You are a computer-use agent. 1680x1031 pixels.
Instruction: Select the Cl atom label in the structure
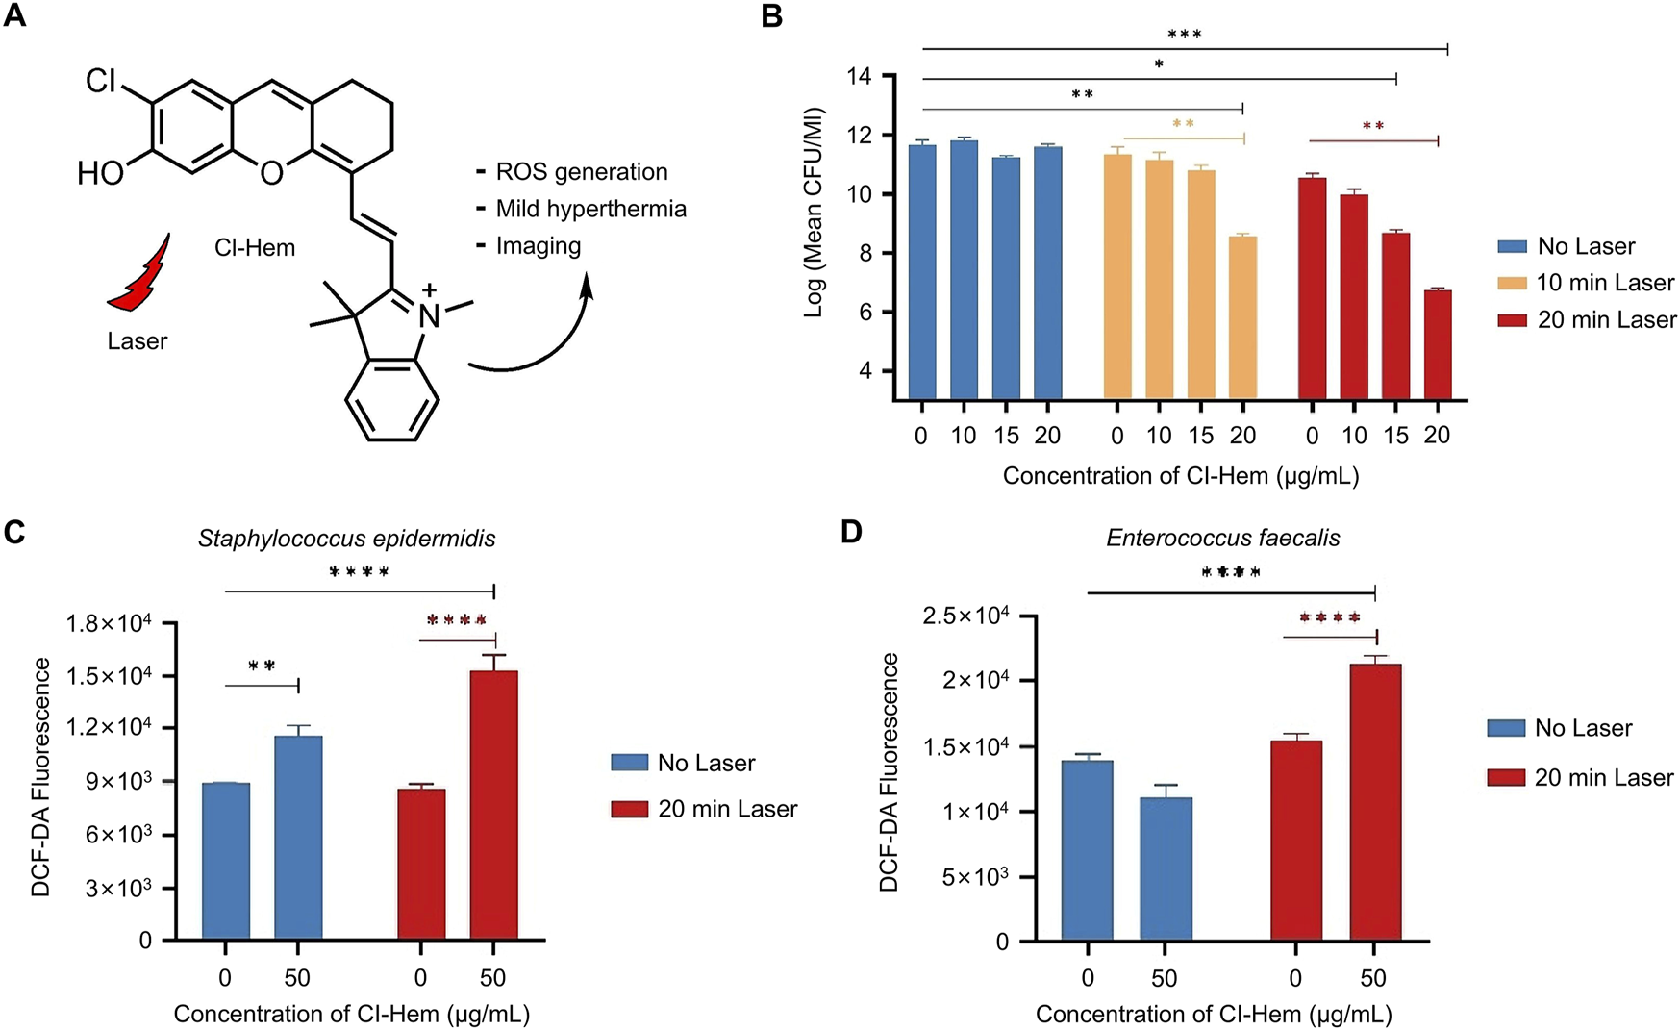point(101,81)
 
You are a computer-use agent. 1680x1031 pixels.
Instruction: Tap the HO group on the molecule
point(101,174)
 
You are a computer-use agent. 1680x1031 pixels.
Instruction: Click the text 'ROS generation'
point(581,172)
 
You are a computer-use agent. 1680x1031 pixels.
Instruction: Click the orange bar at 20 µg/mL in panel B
point(1242,317)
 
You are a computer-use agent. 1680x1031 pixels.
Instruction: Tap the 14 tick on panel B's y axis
point(860,77)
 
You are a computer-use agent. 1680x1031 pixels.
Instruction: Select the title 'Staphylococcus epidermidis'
point(346,539)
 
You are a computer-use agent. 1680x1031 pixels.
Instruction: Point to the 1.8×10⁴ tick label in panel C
point(108,624)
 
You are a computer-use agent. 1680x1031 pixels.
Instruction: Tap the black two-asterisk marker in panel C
point(262,666)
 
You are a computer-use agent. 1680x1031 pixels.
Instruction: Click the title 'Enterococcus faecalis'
point(1222,538)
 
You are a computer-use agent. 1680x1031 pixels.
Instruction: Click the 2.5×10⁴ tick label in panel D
point(965,616)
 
